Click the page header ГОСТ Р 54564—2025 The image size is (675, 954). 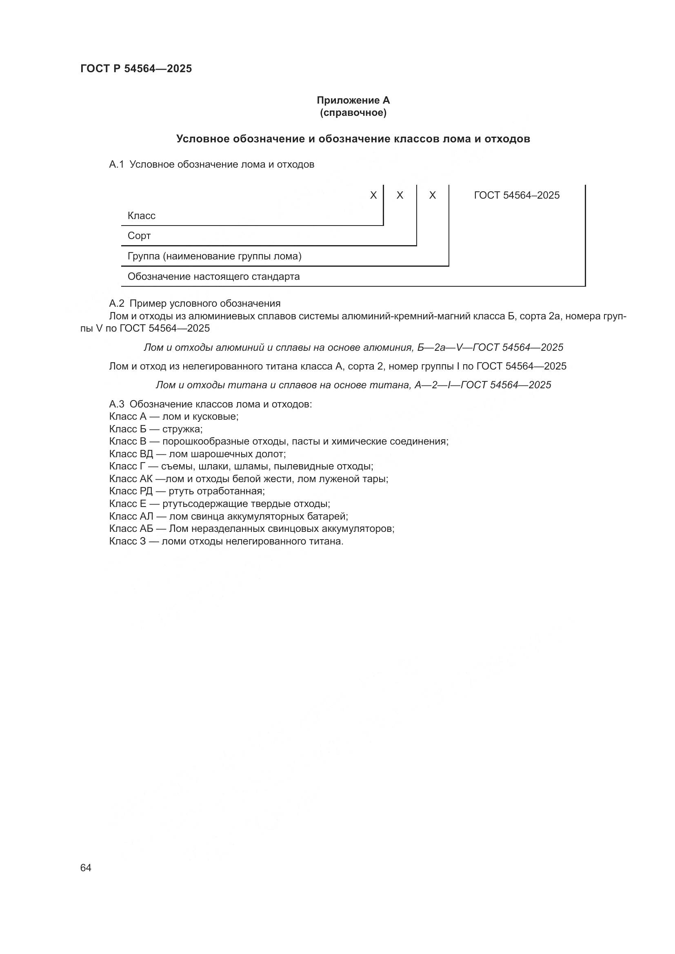pyautogui.click(x=136, y=69)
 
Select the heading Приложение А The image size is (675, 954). pyautogui.click(x=353, y=100)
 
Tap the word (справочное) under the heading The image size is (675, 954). pyautogui.click(x=353, y=113)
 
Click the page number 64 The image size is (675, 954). pyautogui.click(x=86, y=868)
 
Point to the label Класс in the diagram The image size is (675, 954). pyautogui.click(x=141, y=216)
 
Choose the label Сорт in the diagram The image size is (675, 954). pyautogui.click(x=139, y=236)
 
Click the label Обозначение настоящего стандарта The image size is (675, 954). pyautogui.click(x=213, y=277)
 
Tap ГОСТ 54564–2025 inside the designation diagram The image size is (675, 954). pyautogui.click(x=517, y=195)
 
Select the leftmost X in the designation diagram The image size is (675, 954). pyautogui.click(x=373, y=195)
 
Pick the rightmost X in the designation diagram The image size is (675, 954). pyautogui.click(x=432, y=195)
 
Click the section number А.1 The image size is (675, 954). pyautogui.click(x=116, y=164)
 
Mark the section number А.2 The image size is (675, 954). pyautogui.click(x=116, y=303)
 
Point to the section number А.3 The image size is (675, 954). pyautogui.click(x=116, y=404)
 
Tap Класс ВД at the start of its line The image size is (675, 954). pyautogui.click(x=131, y=454)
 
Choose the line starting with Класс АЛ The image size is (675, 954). pyautogui.click(x=228, y=516)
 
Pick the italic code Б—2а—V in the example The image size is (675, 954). pyautogui.click(x=441, y=348)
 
